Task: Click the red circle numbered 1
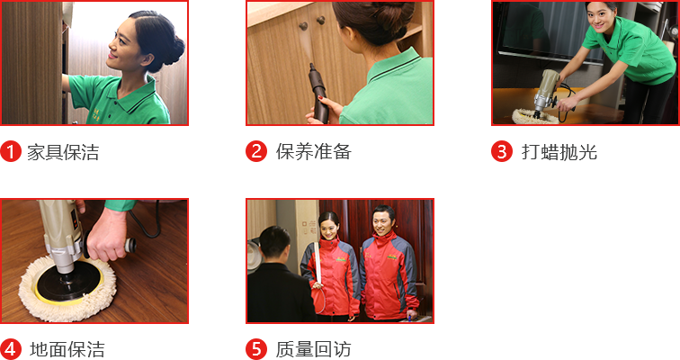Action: click(x=11, y=152)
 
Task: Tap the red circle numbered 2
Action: click(x=256, y=152)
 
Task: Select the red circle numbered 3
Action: click(x=502, y=152)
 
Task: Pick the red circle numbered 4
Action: click(x=11, y=349)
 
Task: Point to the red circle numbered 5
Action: click(x=256, y=349)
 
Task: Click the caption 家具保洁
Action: click(x=63, y=152)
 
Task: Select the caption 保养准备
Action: click(x=314, y=152)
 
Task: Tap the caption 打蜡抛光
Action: click(x=559, y=152)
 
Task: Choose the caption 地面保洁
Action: click(x=67, y=349)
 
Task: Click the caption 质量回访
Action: click(x=314, y=349)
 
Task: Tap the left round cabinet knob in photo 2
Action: click(x=303, y=26)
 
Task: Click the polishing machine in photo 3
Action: click(x=547, y=93)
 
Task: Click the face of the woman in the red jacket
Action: click(x=329, y=228)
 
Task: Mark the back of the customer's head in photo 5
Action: click(x=274, y=243)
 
